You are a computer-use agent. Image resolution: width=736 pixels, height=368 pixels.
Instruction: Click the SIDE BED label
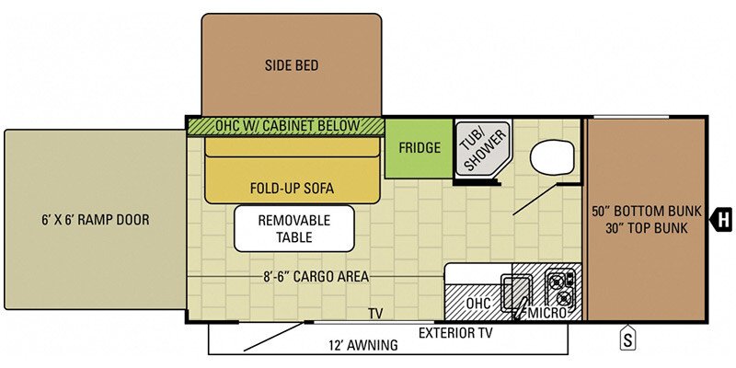point(292,65)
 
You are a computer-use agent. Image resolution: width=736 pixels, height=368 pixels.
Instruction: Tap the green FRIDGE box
point(420,148)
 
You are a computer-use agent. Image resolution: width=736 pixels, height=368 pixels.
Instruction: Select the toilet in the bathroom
point(552,157)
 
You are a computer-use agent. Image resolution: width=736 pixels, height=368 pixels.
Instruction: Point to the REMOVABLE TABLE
point(293,228)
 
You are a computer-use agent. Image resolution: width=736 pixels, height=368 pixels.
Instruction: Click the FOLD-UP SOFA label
point(292,189)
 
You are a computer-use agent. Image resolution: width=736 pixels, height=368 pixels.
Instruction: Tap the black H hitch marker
point(723,219)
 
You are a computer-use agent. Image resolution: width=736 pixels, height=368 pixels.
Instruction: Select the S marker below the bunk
point(627,338)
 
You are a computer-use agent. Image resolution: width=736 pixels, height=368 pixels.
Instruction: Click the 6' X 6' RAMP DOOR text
point(95,219)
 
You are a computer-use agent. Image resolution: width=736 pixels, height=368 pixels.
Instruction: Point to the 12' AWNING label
point(362,346)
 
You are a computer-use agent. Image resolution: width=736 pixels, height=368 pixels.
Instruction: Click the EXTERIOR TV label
point(455,333)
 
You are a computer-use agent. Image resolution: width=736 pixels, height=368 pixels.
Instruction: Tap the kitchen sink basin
point(516,292)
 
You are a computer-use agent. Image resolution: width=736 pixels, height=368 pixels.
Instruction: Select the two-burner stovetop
point(560,289)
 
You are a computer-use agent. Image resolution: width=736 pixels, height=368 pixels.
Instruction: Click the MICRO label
point(546,313)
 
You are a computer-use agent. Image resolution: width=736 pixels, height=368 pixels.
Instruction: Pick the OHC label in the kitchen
point(477,304)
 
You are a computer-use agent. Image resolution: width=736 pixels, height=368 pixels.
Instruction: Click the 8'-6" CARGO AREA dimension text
point(316,277)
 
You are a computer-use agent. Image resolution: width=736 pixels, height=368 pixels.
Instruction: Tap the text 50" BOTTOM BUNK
point(647,211)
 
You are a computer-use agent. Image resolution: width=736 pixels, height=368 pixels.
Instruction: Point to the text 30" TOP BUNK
point(647,228)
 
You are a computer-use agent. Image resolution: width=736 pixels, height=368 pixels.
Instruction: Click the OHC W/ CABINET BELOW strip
point(286,127)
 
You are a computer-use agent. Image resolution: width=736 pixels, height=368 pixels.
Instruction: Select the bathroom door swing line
point(535,200)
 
